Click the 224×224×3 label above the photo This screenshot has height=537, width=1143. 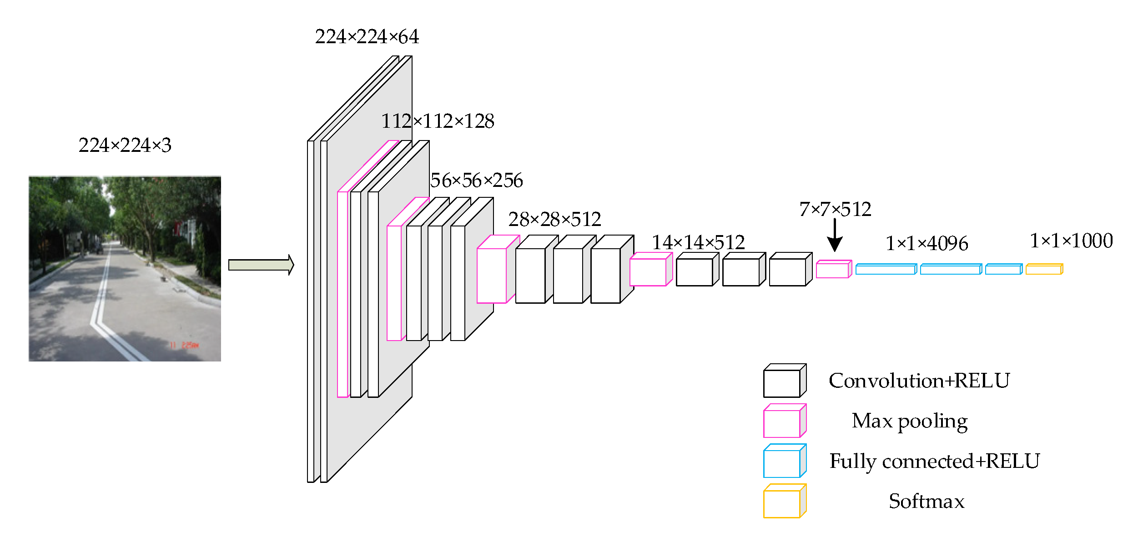(x=125, y=146)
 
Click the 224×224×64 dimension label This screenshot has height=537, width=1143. (x=367, y=37)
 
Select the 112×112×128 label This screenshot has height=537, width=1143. (x=438, y=121)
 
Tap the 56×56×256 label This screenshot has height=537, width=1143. (x=476, y=181)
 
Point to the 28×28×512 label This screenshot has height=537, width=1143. (x=554, y=220)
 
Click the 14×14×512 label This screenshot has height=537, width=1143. (x=698, y=243)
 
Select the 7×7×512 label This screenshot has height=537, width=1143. (x=835, y=210)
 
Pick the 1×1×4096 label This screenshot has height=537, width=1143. (x=926, y=244)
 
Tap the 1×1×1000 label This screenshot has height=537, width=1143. (x=1071, y=241)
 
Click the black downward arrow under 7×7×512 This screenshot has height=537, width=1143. (x=835, y=236)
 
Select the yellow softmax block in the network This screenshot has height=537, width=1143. (x=1044, y=269)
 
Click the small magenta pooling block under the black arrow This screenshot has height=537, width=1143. (x=833, y=269)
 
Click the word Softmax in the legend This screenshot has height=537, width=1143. (x=926, y=502)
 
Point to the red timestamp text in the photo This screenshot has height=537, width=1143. (x=184, y=345)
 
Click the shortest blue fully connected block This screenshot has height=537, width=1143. (x=1004, y=269)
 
